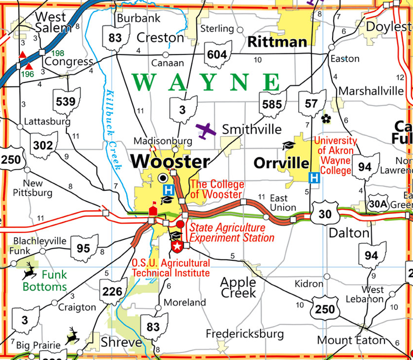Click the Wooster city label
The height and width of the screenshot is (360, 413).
click(x=170, y=161)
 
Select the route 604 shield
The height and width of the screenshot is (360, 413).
click(x=218, y=54)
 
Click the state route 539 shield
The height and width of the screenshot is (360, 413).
click(x=67, y=101)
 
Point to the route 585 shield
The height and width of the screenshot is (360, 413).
click(x=272, y=104)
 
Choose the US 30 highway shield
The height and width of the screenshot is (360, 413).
click(x=324, y=214)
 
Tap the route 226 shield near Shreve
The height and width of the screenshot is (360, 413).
click(x=112, y=292)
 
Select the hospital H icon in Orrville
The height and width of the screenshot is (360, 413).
click(x=313, y=177)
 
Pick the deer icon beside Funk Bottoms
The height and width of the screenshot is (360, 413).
click(x=28, y=273)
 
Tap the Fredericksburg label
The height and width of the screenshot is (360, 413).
click(x=245, y=334)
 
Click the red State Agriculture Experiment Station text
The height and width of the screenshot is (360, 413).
click(x=231, y=233)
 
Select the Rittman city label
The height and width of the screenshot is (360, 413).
click(x=277, y=41)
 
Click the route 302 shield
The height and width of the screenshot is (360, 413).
click(x=43, y=145)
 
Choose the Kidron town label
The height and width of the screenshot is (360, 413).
click(x=309, y=283)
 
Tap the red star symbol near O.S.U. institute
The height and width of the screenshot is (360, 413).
click(x=176, y=246)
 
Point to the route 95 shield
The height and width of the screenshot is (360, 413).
click(x=84, y=248)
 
